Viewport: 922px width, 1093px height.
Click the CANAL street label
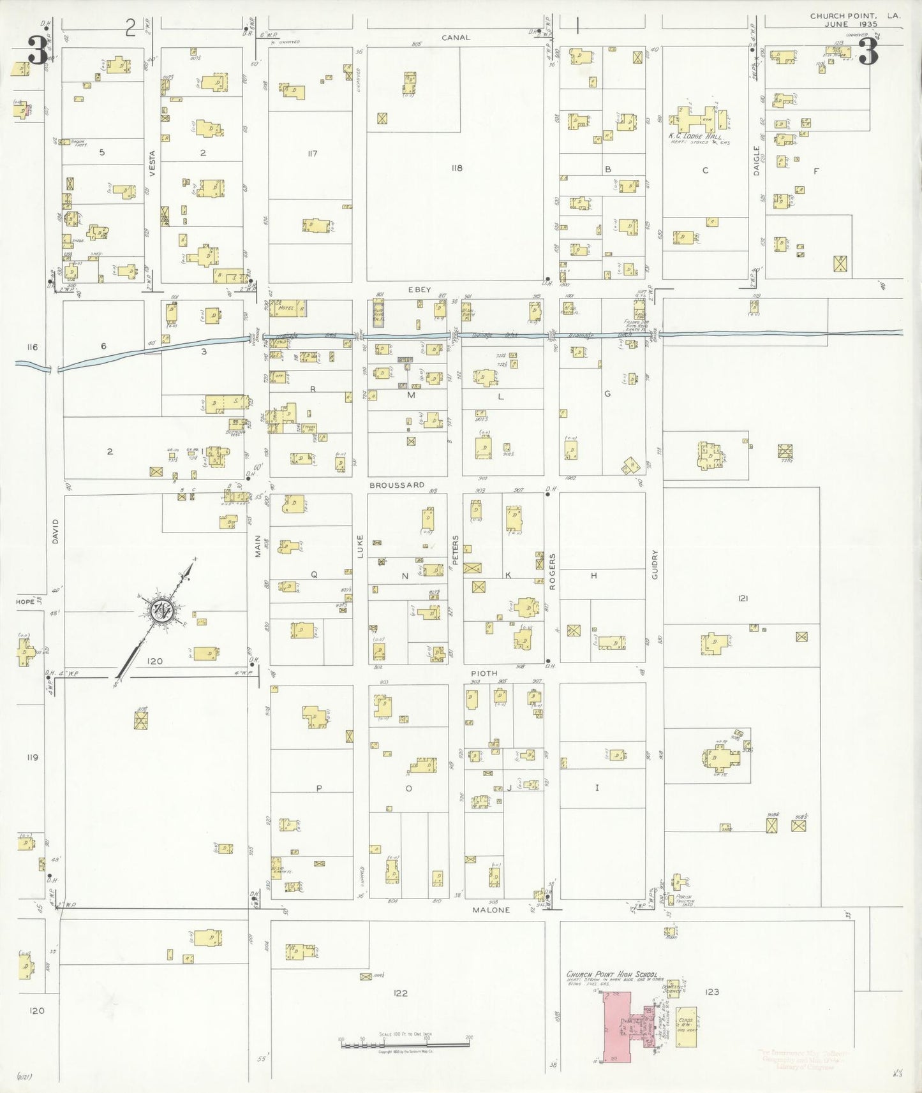coord(456,38)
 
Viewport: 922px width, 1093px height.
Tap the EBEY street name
coord(420,290)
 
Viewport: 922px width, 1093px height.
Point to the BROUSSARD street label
coord(397,485)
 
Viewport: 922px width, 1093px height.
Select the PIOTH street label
coord(484,673)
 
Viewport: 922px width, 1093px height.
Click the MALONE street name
coord(491,910)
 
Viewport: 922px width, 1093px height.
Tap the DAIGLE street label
coord(757,161)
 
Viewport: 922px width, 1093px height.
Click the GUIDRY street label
coord(655,564)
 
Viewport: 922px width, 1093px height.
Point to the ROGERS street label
coord(553,571)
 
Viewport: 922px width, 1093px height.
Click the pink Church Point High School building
coord(617,1026)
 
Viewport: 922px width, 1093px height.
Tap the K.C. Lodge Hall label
coord(695,136)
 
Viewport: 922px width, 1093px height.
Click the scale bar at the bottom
coord(405,1045)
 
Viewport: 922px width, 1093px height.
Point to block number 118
coord(456,168)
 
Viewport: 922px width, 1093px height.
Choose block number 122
coord(400,993)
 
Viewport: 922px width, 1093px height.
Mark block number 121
coord(743,598)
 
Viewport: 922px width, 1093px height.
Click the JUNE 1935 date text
coord(851,24)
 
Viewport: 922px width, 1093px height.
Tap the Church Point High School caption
coord(612,974)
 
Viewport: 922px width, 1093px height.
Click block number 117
coord(312,154)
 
